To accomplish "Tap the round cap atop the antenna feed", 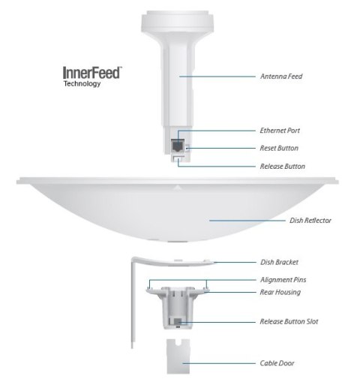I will point(179,15).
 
